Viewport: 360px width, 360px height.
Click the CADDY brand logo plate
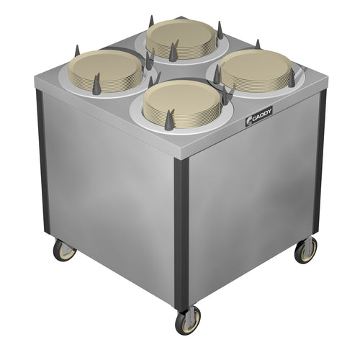258,115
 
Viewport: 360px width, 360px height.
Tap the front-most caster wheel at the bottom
188,320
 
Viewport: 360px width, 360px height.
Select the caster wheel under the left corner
64,251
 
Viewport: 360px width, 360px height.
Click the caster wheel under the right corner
305,250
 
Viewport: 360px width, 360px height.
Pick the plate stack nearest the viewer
181,104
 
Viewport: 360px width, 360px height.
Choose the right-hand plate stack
256,70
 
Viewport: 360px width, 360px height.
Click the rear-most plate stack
181,39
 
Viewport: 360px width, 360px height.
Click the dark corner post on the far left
42,161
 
